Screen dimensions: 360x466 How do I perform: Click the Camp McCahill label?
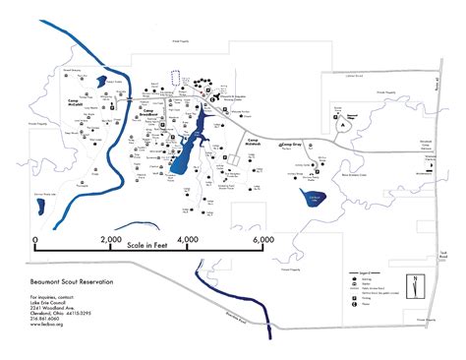tap(78, 100)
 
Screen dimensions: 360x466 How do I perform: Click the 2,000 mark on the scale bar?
tap(110, 239)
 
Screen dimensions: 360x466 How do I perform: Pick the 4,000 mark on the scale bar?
tap(187, 239)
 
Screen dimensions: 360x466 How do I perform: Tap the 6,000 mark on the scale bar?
tap(262, 239)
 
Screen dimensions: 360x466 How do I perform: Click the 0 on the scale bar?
tap(35, 239)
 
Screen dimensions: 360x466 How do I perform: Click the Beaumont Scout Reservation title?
tap(72, 281)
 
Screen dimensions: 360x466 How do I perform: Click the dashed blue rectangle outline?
tap(177, 77)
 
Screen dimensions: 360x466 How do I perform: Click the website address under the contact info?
tap(47, 325)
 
